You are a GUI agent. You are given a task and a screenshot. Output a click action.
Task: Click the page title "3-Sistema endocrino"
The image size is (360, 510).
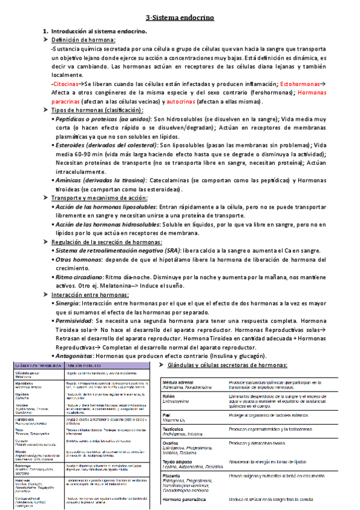coord(180,19)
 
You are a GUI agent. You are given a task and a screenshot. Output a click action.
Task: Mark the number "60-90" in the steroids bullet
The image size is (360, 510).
coord(87,154)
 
